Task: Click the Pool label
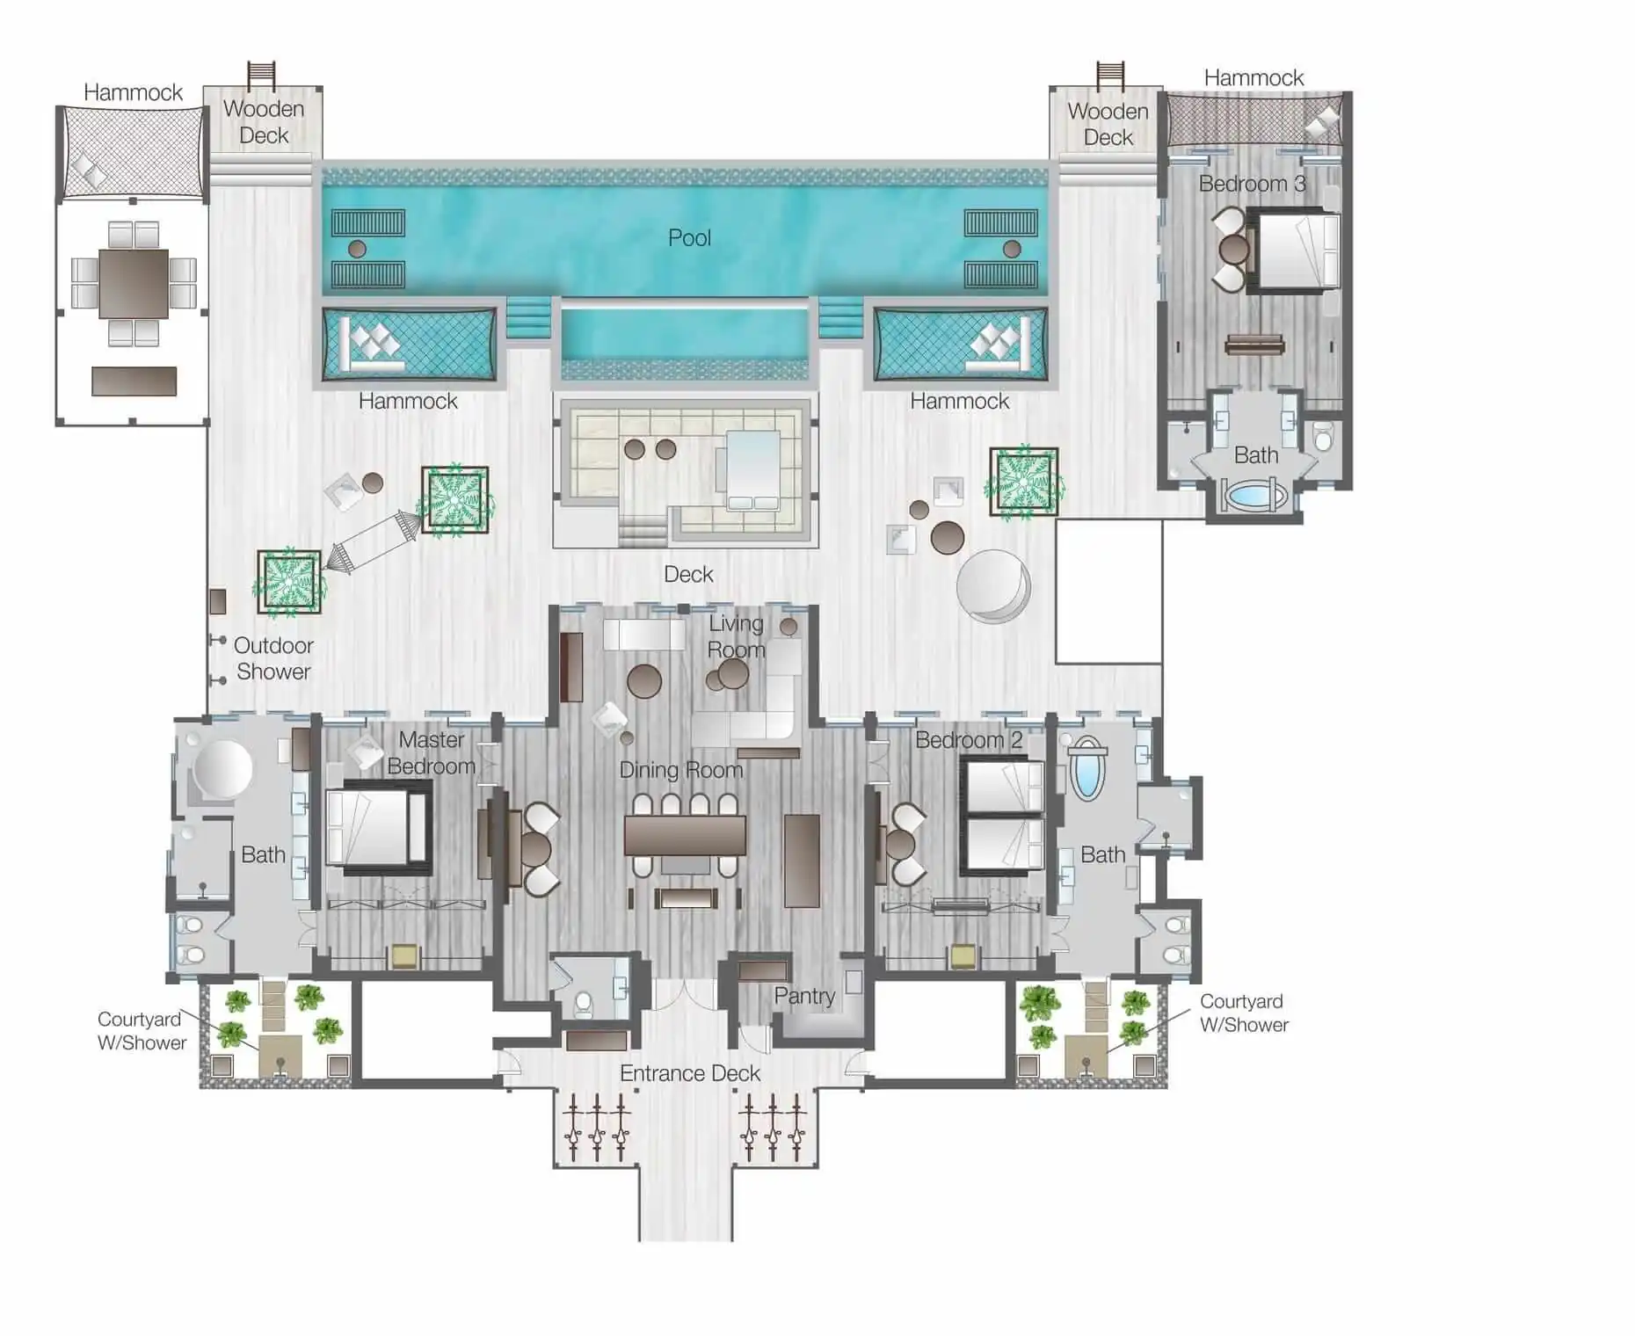pos(689,237)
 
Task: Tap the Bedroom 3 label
pos(1252,184)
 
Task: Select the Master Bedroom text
pos(431,752)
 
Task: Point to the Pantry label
pos(804,996)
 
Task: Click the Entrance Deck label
pos(690,1073)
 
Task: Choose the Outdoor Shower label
pos(273,658)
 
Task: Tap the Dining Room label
pos(681,770)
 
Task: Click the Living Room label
pos(737,636)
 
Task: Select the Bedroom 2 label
pos(969,740)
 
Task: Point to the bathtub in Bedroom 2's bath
pos(1087,767)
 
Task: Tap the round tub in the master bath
pos(223,769)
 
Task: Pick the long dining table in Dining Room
pos(685,835)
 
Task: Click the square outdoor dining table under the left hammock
pos(134,284)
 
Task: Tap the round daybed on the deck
pos(993,586)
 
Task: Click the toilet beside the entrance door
pos(584,1002)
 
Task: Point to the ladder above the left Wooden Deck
pos(261,76)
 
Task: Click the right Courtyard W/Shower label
pos(1244,1013)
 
